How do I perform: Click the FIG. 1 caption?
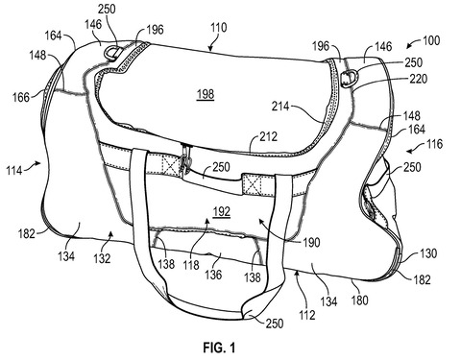[x=219, y=348]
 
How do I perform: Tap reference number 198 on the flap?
[x=206, y=94]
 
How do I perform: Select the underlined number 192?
[x=222, y=211]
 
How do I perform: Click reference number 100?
[x=431, y=40]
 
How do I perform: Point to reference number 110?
[x=219, y=28]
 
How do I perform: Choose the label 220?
[x=419, y=79]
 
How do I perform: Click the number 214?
[x=280, y=106]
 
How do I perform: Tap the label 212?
[x=268, y=136]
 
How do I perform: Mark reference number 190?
[x=311, y=242]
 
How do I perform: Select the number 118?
[x=191, y=265]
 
